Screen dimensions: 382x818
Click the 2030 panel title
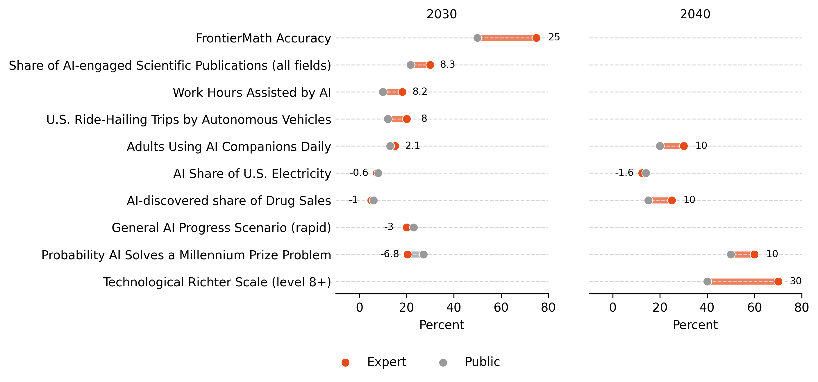click(x=441, y=14)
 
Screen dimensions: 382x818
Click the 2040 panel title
click(x=695, y=14)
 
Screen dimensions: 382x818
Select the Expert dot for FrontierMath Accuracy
click(x=536, y=38)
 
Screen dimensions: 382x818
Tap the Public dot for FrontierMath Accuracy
click(x=477, y=38)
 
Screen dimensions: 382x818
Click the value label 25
click(x=554, y=37)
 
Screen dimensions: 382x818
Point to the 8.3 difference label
click(x=447, y=65)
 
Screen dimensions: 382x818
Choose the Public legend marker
click(x=443, y=363)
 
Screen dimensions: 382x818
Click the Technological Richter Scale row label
click(x=217, y=282)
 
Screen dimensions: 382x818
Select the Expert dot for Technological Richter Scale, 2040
click(x=778, y=281)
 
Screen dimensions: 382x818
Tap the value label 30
click(x=795, y=281)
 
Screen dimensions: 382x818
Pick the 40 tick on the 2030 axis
click(x=453, y=307)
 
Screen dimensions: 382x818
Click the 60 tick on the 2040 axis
click(x=754, y=307)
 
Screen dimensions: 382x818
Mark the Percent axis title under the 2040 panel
click(x=695, y=325)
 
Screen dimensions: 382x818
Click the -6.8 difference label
click(x=390, y=254)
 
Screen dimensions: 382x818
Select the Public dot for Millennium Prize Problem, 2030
click(x=423, y=254)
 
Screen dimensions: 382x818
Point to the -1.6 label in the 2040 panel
click(x=624, y=172)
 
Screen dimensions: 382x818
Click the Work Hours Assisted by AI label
click(x=251, y=92)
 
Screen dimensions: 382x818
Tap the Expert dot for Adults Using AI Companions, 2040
click(x=684, y=146)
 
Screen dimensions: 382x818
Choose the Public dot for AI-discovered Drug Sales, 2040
click(x=648, y=200)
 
